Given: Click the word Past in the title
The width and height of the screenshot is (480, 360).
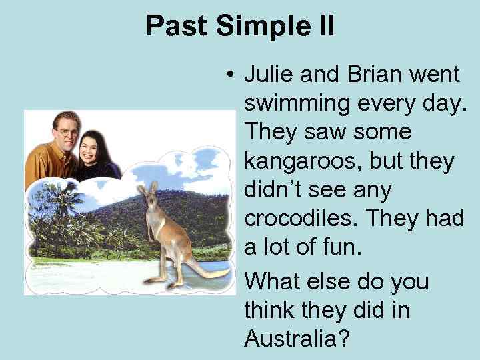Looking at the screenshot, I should (175, 27).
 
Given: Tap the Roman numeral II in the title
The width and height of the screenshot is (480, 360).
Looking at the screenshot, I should (322, 27).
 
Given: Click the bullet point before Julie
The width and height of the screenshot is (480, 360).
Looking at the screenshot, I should (229, 75).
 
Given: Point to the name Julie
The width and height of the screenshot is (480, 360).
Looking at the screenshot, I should (269, 75).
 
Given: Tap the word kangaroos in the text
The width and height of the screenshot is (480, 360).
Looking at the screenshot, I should (302, 162).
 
